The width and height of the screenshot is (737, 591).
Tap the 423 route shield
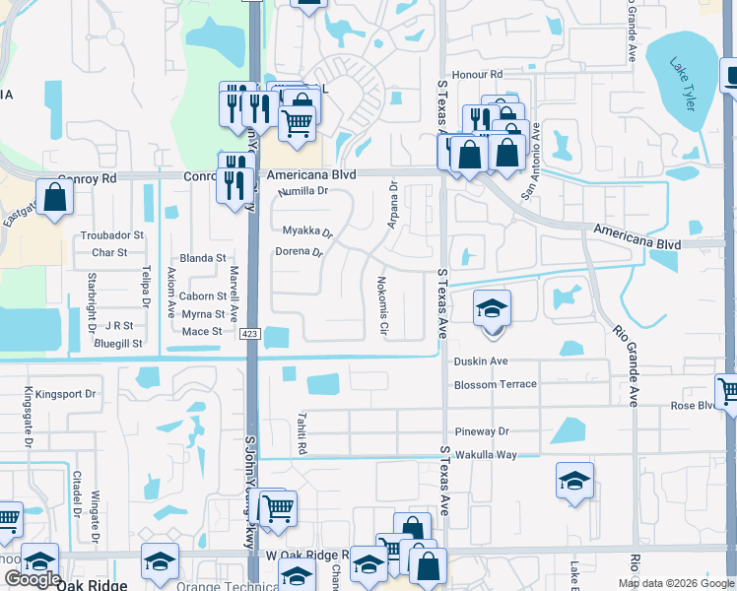click(250, 335)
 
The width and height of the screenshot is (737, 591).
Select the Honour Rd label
click(477, 75)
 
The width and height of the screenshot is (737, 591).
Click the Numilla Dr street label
click(301, 191)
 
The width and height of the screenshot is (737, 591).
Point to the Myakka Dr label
click(307, 231)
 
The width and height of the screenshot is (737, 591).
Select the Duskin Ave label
click(481, 361)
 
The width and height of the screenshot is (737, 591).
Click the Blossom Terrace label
click(496, 384)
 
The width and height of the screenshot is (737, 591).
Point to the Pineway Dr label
click(482, 431)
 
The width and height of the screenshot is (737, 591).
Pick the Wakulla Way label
click(486, 455)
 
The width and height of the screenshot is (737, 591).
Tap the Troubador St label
click(112, 236)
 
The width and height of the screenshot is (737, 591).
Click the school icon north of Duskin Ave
click(492, 308)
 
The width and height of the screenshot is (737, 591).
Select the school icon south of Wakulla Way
click(575, 480)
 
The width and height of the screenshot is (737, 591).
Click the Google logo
click(32, 580)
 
